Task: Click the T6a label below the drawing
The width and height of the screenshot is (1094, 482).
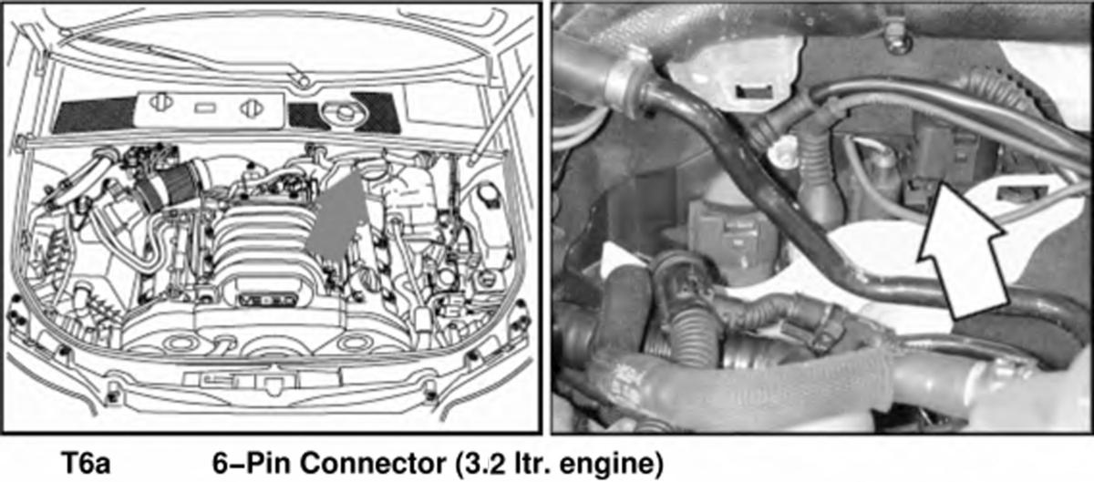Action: [x=87, y=463]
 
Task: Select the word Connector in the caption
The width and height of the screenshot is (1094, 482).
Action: [x=373, y=463]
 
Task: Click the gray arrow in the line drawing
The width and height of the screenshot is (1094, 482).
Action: [x=336, y=214]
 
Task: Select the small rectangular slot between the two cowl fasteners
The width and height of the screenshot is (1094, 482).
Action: [x=206, y=107]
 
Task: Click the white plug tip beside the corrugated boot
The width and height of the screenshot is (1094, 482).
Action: [x=781, y=152]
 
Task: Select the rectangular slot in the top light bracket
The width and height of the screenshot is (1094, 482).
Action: [x=755, y=91]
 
